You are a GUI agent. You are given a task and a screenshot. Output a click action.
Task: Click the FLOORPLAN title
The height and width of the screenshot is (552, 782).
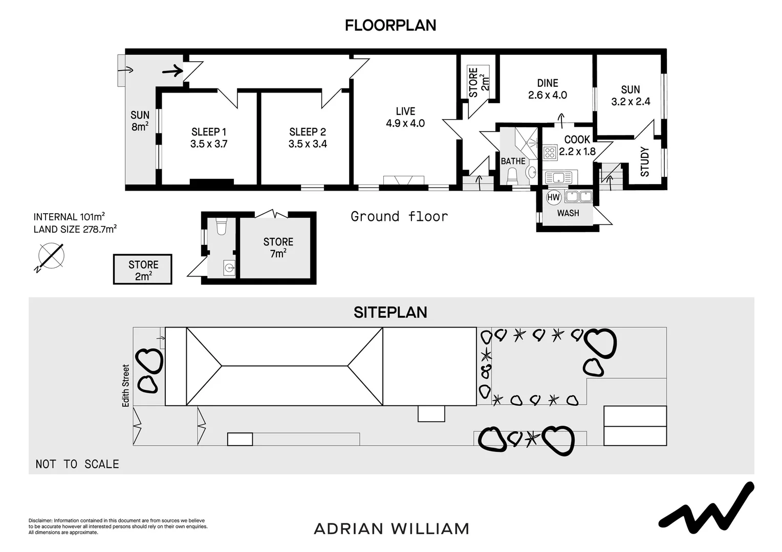pyautogui.click(x=390, y=26)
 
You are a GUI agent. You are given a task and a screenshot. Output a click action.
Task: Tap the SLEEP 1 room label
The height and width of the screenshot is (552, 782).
pyautogui.click(x=209, y=132)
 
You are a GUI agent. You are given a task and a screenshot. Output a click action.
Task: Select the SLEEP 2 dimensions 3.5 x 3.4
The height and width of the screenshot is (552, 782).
pyautogui.click(x=308, y=144)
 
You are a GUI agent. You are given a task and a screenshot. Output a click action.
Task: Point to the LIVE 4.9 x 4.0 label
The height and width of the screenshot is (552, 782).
pyautogui.click(x=405, y=117)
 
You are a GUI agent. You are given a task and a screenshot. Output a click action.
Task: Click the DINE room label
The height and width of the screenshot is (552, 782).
pyautogui.click(x=548, y=83)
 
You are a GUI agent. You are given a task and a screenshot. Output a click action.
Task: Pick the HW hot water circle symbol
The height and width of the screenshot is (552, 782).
pyautogui.click(x=554, y=197)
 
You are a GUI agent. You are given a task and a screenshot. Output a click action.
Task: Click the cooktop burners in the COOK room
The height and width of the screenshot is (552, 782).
pyautogui.click(x=550, y=152)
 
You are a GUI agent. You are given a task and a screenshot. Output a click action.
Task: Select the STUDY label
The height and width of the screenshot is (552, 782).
pyautogui.click(x=645, y=162)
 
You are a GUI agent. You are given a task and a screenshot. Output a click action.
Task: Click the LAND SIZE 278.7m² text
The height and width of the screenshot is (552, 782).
pyautogui.click(x=75, y=229)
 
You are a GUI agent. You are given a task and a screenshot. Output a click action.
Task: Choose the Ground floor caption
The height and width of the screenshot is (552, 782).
pyautogui.click(x=399, y=217)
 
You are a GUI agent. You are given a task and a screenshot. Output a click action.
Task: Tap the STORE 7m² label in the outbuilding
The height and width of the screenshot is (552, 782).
pyautogui.click(x=278, y=247)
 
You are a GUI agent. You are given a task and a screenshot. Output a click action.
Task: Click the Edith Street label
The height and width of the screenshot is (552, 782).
pyautogui.click(x=126, y=385)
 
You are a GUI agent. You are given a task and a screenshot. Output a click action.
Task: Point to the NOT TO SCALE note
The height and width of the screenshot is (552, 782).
pyautogui.click(x=77, y=464)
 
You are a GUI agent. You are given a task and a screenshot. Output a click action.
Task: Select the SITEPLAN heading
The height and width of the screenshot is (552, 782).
pyautogui.click(x=390, y=312)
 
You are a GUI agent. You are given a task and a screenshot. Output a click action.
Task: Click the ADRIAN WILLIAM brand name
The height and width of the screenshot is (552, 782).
pyautogui.click(x=392, y=528)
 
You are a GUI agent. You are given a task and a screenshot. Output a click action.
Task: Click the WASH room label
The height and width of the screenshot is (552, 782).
pyautogui.click(x=568, y=213)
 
